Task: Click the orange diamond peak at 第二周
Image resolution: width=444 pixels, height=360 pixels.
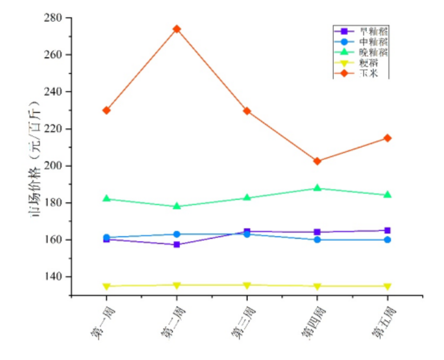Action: [176, 28]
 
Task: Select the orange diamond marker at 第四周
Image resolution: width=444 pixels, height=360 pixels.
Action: [317, 161]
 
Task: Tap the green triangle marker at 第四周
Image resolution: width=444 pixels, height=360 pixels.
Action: [317, 188]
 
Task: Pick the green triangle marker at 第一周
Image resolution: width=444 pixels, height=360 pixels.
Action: [107, 198]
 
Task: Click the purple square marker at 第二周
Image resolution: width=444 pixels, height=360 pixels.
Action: [176, 245]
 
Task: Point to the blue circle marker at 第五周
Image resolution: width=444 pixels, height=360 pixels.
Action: [387, 240]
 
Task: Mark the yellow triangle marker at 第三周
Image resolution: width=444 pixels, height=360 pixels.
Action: [247, 285]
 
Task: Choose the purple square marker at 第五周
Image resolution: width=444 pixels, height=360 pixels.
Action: [387, 230]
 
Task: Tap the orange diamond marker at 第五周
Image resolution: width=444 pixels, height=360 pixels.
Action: [387, 138]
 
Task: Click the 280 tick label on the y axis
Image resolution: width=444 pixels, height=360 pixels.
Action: [55, 18]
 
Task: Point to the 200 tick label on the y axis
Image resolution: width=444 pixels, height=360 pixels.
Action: [55, 166]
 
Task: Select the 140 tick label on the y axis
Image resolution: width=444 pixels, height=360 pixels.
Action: [55, 277]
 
